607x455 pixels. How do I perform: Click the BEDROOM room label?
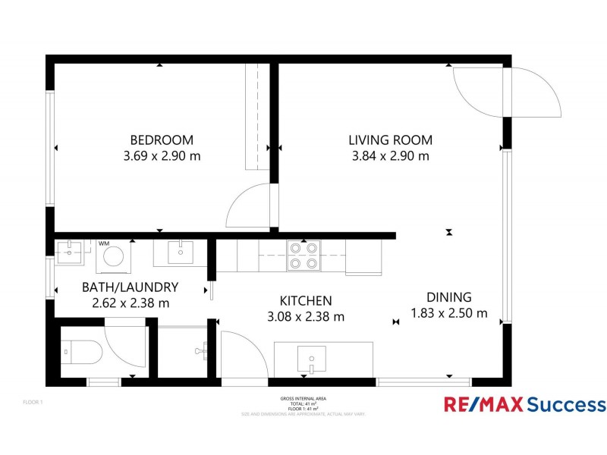tap(162, 140)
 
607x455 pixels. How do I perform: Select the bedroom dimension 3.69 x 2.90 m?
tap(162, 156)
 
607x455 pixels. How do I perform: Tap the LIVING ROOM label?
tap(390, 140)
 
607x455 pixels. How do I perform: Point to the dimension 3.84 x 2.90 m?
tap(390, 156)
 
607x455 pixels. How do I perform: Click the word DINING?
tap(448, 297)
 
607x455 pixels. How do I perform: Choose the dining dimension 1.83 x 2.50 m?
tap(448, 313)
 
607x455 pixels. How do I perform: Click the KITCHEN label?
tap(306, 301)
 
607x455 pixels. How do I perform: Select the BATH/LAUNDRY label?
tap(130, 287)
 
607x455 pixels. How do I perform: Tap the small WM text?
tap(103, 243)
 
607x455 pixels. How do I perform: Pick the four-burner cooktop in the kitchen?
tap(303, 256)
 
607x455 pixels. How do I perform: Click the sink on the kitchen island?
tap(311, 357)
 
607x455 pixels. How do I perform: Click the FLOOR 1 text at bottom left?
tap(33, 402)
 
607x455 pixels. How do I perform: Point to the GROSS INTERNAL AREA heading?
tap(303, 398)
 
